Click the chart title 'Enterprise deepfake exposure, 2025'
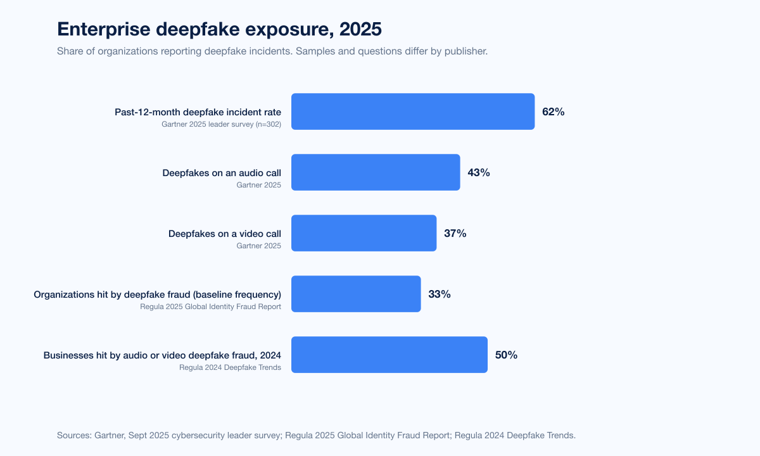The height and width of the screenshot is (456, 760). (219, 29)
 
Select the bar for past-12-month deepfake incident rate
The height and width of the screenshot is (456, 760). (412, 111)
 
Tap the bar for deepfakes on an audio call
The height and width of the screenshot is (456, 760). (376, 172)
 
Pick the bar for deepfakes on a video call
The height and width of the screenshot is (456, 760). (364, 233)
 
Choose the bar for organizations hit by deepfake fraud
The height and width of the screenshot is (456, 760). (356, 294)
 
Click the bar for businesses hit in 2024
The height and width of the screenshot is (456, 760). (389, 355)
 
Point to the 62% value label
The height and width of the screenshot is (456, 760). (553, 112)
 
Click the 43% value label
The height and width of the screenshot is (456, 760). (478, 173)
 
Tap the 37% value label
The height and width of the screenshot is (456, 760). (455, 234)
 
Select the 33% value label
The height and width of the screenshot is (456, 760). (439, 294)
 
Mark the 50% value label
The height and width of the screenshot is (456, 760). (506, 355)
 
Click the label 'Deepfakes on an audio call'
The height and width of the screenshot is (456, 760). (222, 173)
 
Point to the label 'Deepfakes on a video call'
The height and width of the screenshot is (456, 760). (225, 234)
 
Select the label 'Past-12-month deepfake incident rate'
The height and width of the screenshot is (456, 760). (198, 112)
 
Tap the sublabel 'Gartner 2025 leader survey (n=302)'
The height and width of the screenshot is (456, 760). (221, 124)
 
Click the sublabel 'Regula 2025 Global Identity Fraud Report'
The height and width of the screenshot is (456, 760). (211, 307)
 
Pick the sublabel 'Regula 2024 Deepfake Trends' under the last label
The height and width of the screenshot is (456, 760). (230, 367)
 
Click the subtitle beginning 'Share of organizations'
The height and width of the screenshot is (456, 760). (272, 51)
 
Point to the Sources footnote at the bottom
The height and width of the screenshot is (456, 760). (316, 435)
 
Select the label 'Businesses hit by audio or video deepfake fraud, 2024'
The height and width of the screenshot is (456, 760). (162, 355)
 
